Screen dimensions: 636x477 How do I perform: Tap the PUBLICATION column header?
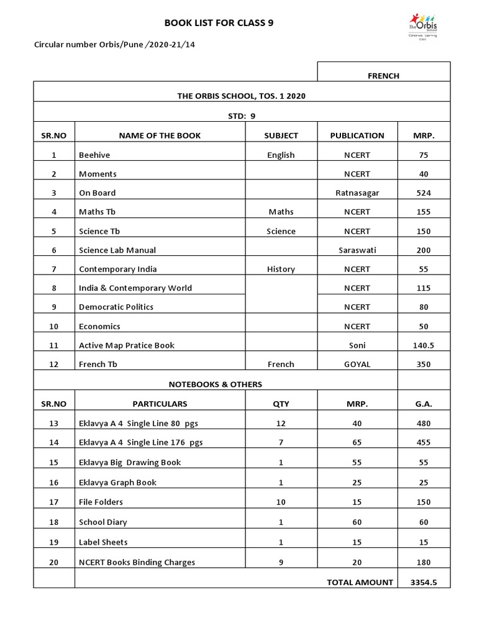(357, 135)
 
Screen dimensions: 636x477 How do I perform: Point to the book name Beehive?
(94, 155)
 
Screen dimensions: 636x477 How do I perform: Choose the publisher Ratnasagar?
(357, 193)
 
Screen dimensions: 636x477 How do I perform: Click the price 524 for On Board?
(423, 193)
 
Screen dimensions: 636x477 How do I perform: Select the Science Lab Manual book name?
(117, 250)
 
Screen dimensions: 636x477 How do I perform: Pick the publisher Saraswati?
(357, 250)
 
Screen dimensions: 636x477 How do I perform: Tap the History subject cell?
(281, 270)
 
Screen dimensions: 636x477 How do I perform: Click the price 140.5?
(423, 345)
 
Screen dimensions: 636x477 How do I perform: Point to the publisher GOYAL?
(357, 365)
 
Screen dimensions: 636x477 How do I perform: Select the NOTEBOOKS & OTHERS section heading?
(215, 384)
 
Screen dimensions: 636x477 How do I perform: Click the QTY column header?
(281, 404)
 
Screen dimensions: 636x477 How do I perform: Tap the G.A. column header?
(423, 404)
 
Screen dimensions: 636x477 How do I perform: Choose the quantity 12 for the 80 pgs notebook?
(281, 424)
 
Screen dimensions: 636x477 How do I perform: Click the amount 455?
(423, 443)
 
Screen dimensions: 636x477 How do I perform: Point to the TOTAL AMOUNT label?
(360, 583)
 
